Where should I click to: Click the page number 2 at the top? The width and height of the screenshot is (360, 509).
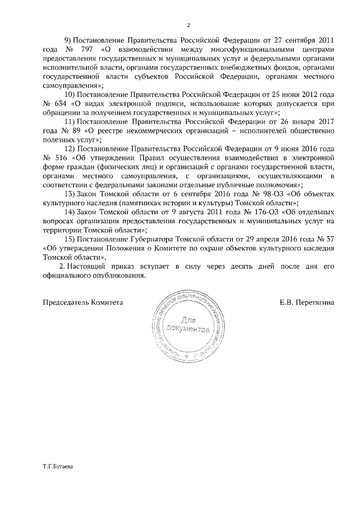189,25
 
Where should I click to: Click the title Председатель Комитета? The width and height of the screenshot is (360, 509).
83,302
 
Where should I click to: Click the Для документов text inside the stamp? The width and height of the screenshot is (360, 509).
192,325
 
